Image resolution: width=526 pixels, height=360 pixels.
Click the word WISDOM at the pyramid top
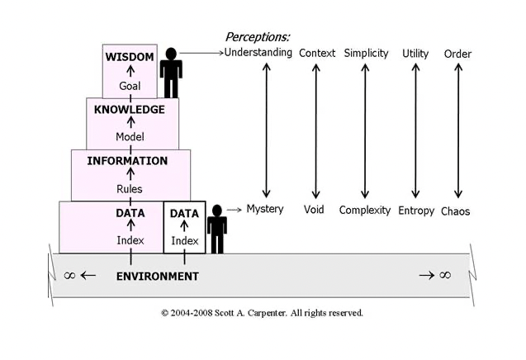tap(130, 57)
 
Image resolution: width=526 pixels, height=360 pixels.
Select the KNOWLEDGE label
tap(130, 109)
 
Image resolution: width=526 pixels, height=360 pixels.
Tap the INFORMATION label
tap(127, 161)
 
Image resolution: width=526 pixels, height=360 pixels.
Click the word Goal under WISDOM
tap(130, 86)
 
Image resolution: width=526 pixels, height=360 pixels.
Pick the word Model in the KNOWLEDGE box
tap(130, 137)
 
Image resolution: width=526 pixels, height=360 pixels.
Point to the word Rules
tap(130, 189)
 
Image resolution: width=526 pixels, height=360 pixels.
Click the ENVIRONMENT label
tap(157, 277)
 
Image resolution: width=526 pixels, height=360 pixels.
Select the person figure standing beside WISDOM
tap(172, 73)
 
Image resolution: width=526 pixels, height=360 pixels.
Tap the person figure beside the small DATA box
tap(217, 228)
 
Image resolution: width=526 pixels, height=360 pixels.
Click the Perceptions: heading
tap(258, 37)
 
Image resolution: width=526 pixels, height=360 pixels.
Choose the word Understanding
tap(258, 53)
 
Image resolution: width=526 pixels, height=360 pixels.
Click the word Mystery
tap(264, 209)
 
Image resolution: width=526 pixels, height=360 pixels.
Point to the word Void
tap(314, 210)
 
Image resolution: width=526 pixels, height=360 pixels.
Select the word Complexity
tap(364, 211)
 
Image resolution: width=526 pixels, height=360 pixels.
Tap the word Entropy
tap(415, 211)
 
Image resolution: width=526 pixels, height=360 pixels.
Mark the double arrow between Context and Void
tap(315, 130)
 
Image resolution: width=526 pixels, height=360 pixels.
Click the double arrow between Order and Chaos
tap(457, 130)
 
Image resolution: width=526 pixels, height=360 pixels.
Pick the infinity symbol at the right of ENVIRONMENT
tap(445, 275)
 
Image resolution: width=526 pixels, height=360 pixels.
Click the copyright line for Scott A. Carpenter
tap(262, 313)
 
